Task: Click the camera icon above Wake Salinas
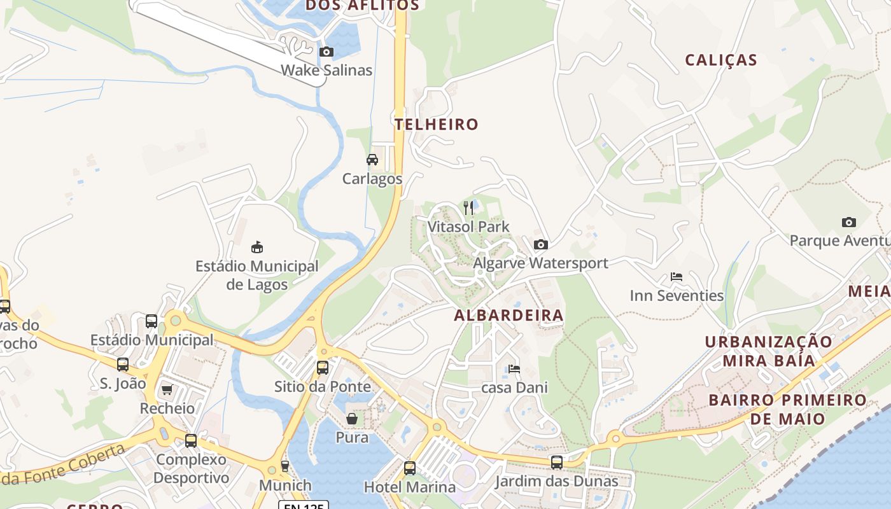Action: (326, 52)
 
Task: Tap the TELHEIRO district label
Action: (436, 124)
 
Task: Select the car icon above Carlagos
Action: (372, 160)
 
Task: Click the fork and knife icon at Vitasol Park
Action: (468, 208)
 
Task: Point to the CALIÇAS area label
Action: (721, 60)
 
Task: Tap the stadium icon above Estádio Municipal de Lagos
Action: (257, 247)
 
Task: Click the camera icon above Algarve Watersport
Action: (540, 244)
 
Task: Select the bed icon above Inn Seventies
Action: (677, 277)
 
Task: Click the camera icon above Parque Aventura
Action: (848, 222)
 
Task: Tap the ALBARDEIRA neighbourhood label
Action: (509, 315)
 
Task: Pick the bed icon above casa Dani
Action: (514, 369)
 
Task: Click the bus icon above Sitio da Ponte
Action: (323, 367)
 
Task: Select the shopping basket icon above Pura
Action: (352, 419)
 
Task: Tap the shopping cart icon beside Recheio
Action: (167, 389)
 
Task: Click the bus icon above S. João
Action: (123, 365)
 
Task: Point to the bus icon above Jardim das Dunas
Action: (557, 463)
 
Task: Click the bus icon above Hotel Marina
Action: (410, 468)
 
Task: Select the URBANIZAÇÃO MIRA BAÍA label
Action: (768, 351)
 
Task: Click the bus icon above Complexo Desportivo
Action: (191, 440)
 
